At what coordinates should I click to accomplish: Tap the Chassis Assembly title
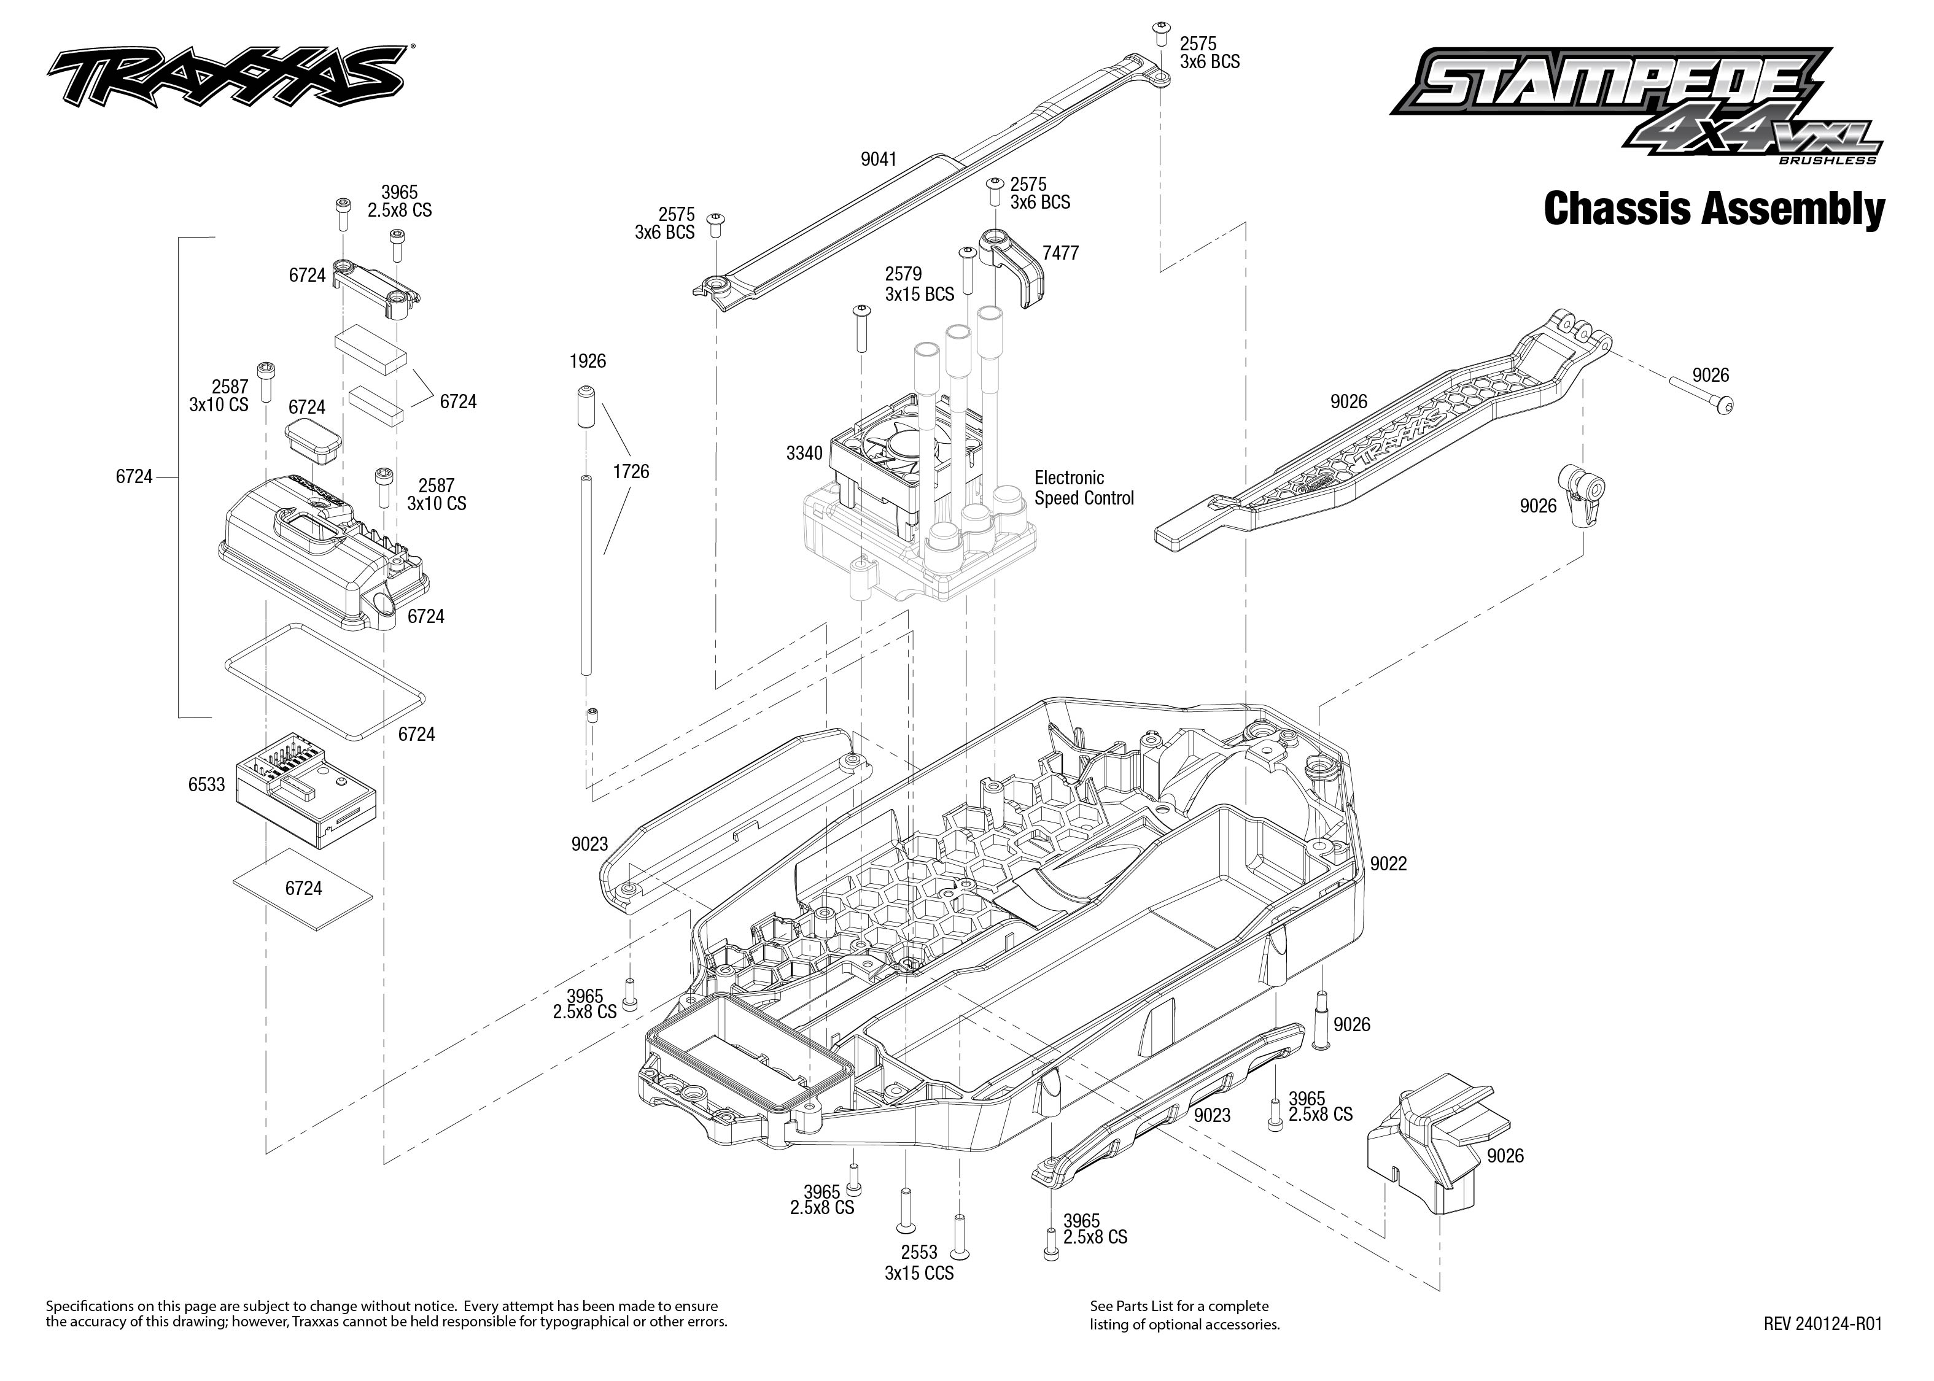[x=1713, y=209]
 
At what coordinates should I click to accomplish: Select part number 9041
[x=879, y=159]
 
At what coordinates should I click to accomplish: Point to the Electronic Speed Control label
[x=1084, y=488]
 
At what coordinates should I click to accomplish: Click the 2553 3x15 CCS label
[x=918, y=1263]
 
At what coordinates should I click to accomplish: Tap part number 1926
[x=588, y=362]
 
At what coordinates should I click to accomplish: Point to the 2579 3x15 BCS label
[x=918, y=284]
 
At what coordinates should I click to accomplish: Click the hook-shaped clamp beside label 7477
[x=1016, y=268]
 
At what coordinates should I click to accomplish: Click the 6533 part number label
[x=207, y=785]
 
